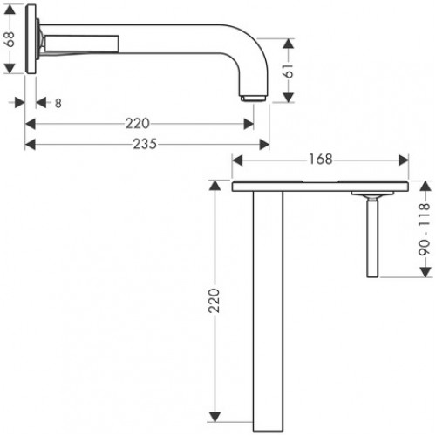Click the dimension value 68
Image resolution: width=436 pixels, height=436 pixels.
[10, 39]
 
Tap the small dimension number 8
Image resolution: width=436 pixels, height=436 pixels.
[58, 103]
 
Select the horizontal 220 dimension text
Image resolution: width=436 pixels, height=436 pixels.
[139, 122]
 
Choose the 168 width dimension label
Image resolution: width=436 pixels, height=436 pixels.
[322, 159]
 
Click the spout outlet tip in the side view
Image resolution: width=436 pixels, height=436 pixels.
[254, 96]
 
